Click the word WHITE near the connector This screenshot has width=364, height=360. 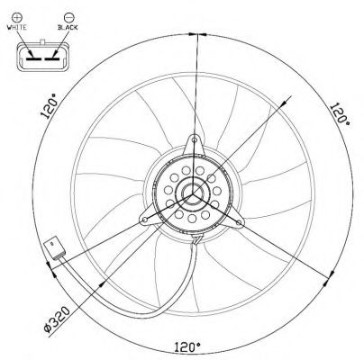pyautogui.click(x=16, y=27)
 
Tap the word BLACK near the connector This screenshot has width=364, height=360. pyautogui.click(x=68, y=27)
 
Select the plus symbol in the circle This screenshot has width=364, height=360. pyautogui.click(x=16, y=17)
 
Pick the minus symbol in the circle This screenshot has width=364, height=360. pyautogui.click(x=68, y=17)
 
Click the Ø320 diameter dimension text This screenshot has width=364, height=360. pyautogui.click(x=57, y=320)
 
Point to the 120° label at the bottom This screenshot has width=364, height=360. pyautogui.click(x=187, y=347)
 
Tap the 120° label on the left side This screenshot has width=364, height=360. pyautogui.click(x=49, y=106)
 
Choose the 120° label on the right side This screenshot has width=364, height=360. pyautogui.click(x=340, y=114)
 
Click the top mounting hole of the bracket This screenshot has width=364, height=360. pyautogui.click(x=195, y=139)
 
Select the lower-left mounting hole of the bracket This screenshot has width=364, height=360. pyautogui.click(x=145, y=220)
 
